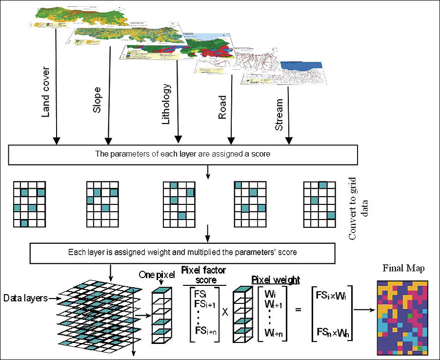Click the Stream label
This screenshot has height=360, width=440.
tap(279, 116)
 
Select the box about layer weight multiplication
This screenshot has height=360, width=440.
tap(182, 253)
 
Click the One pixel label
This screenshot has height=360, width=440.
tap(157, 275)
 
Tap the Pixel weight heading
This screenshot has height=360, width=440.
tap(276, 280)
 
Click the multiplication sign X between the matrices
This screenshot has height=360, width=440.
tap(225, 311)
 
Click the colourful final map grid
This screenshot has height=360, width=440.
tap(403, 317)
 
